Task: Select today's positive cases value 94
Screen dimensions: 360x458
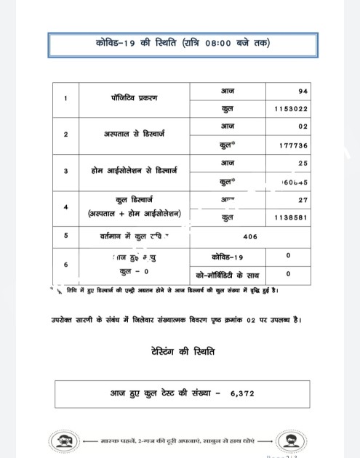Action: point(303,91)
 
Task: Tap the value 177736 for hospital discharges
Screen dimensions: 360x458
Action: point(294,145)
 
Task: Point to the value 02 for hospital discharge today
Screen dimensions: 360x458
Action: point(303,126)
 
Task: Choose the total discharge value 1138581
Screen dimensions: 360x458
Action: point(292,217)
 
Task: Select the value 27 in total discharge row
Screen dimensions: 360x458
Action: point(303,198)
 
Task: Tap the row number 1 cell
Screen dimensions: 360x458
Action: point(66,99)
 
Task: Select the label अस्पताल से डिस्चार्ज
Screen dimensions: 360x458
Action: point(136,134)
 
